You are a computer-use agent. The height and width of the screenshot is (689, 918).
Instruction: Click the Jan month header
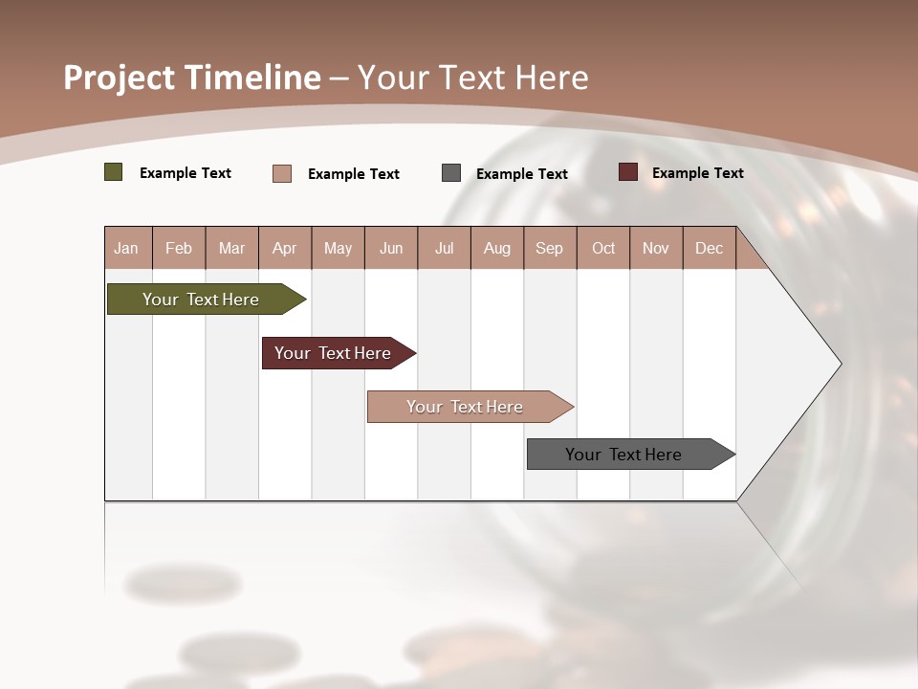(x=126, y=249)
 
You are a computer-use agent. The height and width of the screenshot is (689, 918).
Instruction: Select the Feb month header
(x=179, y=249)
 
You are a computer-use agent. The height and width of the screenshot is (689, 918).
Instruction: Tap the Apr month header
(x=284, y=249)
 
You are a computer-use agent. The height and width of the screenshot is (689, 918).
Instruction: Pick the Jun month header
(x=391, y=249)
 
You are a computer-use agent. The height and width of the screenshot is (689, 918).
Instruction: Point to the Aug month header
(x=496, y=249)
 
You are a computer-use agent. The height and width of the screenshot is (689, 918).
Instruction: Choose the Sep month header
(x=549, y=249)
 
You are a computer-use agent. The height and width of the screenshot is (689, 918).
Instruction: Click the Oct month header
(x=603, y=249)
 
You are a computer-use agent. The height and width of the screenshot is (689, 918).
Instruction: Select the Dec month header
(x=709, y=249)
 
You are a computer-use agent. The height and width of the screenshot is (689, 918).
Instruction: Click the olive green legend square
(x=114, y=172)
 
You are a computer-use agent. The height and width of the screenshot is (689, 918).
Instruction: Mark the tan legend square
(x=282, y=173)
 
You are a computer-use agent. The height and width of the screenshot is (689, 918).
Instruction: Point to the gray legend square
(x=451, y=173)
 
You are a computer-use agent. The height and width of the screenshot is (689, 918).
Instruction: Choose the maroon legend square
(x=628, y=172)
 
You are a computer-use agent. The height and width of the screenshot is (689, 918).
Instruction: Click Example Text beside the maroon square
(x=697, y=173)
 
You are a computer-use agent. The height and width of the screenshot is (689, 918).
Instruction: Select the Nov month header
(x=656, y=249)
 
